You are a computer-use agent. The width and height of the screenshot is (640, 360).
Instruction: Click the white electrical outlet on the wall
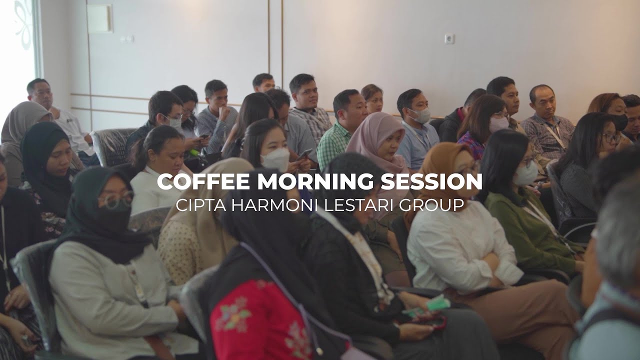point(449,38)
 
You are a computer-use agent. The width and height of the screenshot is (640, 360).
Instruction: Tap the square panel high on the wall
point(99,19)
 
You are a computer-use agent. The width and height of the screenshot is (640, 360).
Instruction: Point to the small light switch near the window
point(127,38)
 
